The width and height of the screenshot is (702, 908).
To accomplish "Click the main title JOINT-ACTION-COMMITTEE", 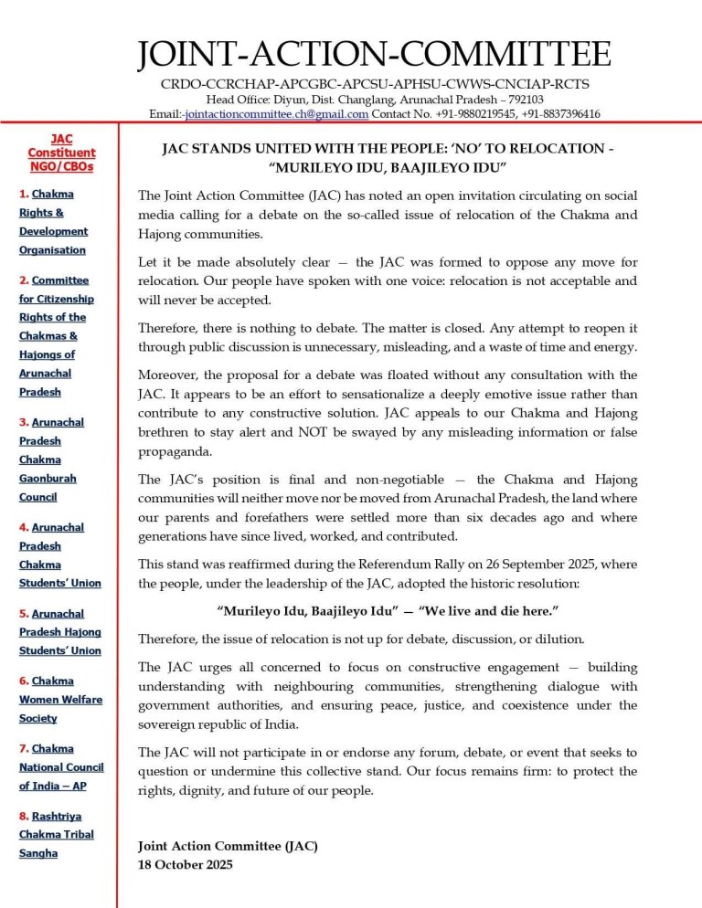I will (x=373, y=54).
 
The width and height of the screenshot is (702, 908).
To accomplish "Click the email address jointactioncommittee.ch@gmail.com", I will (x=277, y=114).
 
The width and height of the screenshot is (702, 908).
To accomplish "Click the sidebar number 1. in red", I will (x=25, y=195).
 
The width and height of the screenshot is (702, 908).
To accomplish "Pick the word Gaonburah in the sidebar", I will (x=48, y=479).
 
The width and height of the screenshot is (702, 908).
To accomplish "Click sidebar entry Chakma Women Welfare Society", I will (x=61, y=700).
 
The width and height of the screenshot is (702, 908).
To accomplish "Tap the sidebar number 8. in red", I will (x=25, y=816).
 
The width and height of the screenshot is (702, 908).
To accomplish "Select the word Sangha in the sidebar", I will (x=38, y=853).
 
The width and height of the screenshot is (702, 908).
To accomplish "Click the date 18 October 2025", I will (x=185, y=864).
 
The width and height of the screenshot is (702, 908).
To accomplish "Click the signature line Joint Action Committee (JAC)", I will (x=228, y=846).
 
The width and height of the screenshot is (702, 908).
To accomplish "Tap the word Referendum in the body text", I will (x=347, y=565).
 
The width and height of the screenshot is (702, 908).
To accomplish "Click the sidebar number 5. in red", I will (x=25, y=614).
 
